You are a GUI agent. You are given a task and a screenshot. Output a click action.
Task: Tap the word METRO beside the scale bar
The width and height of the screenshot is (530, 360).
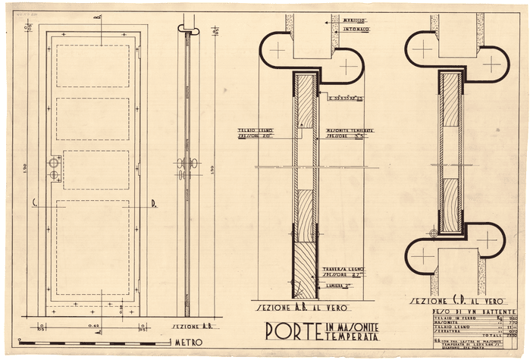[x=190, y=342]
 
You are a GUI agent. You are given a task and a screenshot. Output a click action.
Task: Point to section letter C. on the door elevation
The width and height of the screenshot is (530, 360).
[x=35, y=202]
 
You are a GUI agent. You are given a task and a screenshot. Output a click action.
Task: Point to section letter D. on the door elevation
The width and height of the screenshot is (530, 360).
[x=153, y=202]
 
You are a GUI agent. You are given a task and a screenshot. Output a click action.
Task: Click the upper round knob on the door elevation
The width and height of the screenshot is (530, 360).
[x=54, y=163]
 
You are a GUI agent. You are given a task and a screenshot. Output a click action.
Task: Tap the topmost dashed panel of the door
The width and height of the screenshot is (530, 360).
[x=93, y=67]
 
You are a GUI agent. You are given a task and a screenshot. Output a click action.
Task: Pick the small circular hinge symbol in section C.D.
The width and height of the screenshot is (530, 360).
[x=434, y=233]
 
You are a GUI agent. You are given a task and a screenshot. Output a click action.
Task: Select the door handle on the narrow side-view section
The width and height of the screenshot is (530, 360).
[x=187, y=164]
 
